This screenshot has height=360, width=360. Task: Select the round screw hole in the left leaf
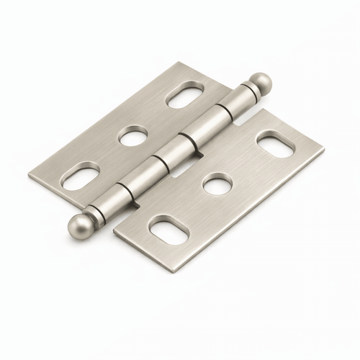133,135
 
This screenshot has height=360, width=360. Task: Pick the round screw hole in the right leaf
217,185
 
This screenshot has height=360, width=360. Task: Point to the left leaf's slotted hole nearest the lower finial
80,176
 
